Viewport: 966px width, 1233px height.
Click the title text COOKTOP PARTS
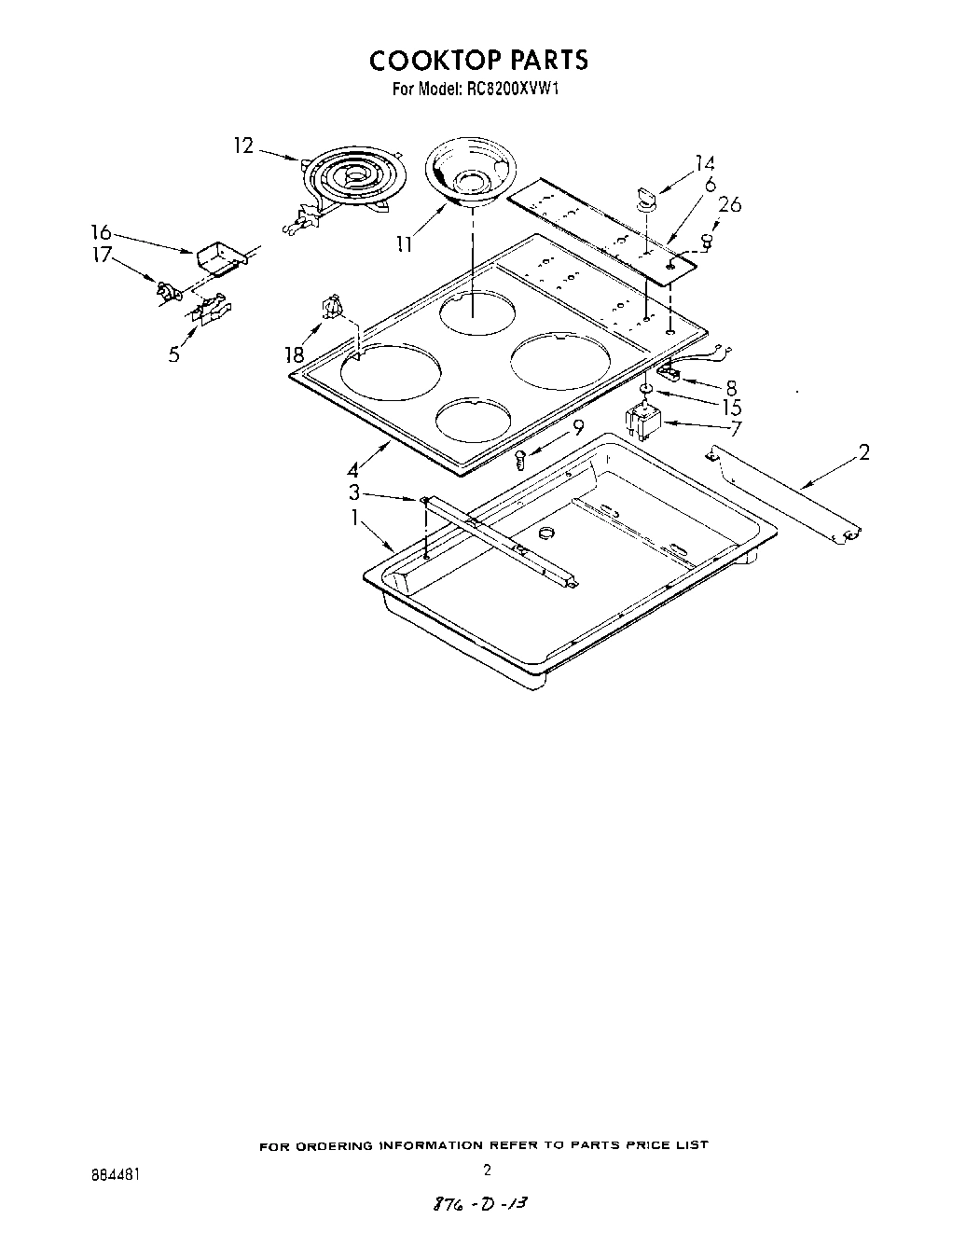[x=478, y=61]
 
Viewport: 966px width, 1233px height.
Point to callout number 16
[x=100, y=232]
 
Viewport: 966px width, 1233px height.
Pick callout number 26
[x=729, y=204]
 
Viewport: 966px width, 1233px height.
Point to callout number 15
[x=731, y=407]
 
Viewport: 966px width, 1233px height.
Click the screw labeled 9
[x=522, y=458]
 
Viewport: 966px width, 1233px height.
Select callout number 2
[x=863, y=453]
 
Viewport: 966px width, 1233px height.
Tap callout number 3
[x=354, y=492]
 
